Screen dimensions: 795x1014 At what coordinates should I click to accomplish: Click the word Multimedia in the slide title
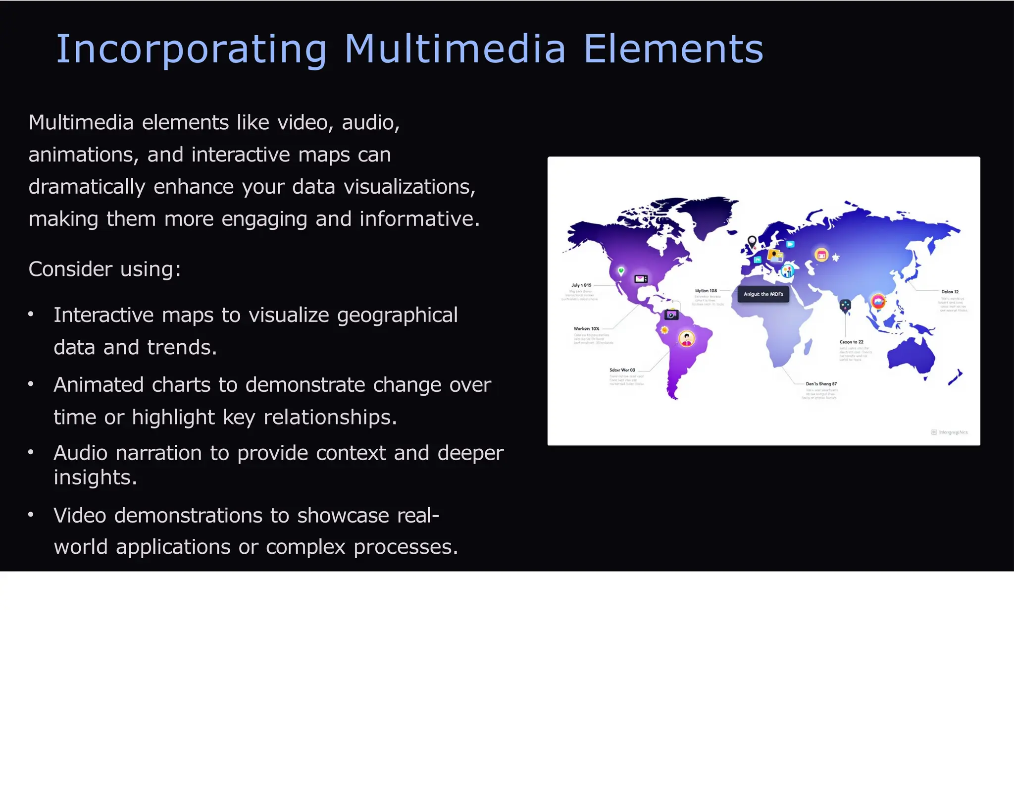pyautogui.click(x=455, y=49)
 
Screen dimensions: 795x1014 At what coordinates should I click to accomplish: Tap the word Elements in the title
pyautogui.click(x=673, y=49)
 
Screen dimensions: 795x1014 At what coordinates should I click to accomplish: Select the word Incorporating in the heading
pyautogui.click(x=191, y=50)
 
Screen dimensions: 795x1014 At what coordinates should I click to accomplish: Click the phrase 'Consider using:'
pyautogui.click(x=105, y=269)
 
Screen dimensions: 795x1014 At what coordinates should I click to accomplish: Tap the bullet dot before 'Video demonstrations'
pyautogui.click(x=31, y=515)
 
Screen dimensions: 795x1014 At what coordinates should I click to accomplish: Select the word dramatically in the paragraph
pyautogui.click(x=87, y=187)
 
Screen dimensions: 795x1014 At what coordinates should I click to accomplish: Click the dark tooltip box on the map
pyautogui.click(x=763, y=294)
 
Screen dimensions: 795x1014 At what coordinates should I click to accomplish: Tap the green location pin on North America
pyautogui.click(x=621, y=271)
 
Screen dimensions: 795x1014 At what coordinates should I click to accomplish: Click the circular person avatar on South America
pyautogui.click(x=687, y=339)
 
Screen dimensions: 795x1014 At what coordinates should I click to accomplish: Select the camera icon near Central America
pyautogui.click(x=671, y=315)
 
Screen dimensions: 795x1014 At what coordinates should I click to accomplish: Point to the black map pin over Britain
pyautogui.click(x=752, y=242)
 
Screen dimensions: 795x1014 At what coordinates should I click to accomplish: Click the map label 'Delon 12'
pyautogui.click(x=950, y=292)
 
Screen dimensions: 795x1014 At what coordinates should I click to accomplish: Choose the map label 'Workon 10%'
pyautogui.click(x=586, y=328)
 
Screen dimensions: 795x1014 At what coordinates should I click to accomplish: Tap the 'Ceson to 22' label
pyautogui.click(x=851, y=342)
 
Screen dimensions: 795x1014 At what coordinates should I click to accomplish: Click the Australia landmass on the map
pyautogui.click(x=911, y=354)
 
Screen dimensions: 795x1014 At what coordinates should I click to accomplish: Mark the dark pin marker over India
pyautogui.click(x=845, y=306)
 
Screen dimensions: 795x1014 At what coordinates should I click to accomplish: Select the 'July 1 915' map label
pyautogui.click(x=581, y=285)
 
